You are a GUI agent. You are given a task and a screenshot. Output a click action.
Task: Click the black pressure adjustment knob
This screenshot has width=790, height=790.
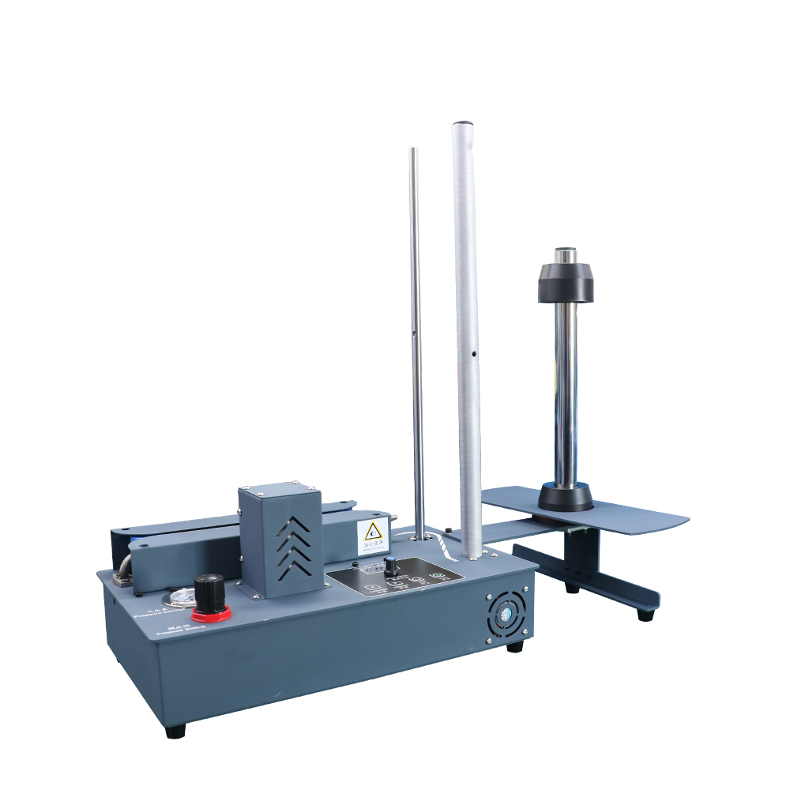point(209,589)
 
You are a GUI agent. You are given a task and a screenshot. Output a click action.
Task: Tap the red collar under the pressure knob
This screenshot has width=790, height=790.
point(211,613)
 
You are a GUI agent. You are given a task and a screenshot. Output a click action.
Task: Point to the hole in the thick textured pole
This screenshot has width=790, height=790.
point(473,355)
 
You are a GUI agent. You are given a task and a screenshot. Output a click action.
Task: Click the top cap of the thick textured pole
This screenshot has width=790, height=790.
point(463,125)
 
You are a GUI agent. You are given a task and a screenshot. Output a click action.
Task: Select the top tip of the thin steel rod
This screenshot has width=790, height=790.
point(413,150)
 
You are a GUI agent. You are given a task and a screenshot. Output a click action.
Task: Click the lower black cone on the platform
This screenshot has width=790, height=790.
point(566,498)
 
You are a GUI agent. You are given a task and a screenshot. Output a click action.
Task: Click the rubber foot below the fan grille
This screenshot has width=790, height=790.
point(514,646)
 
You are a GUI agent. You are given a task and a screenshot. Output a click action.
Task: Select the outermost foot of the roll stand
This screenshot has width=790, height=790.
point(645,614)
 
